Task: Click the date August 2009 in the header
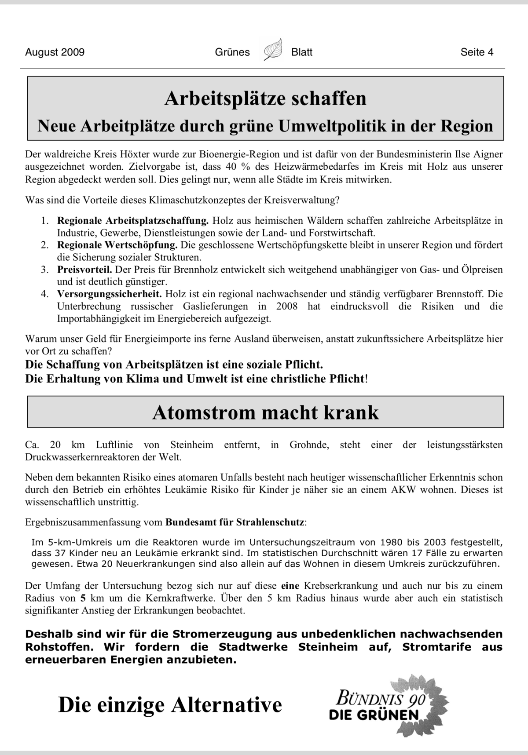pos(55,52)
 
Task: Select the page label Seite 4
pos(477,52)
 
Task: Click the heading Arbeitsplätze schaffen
pos(265,98)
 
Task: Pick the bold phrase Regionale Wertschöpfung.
pos(117,245)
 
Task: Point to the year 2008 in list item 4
pos(287,306)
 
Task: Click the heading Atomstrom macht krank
pos(265,412)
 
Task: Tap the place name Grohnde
pos(308,445)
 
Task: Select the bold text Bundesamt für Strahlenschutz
pos(235,522)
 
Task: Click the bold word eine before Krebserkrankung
pos(290,586)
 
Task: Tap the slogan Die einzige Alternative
pos(170,705)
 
